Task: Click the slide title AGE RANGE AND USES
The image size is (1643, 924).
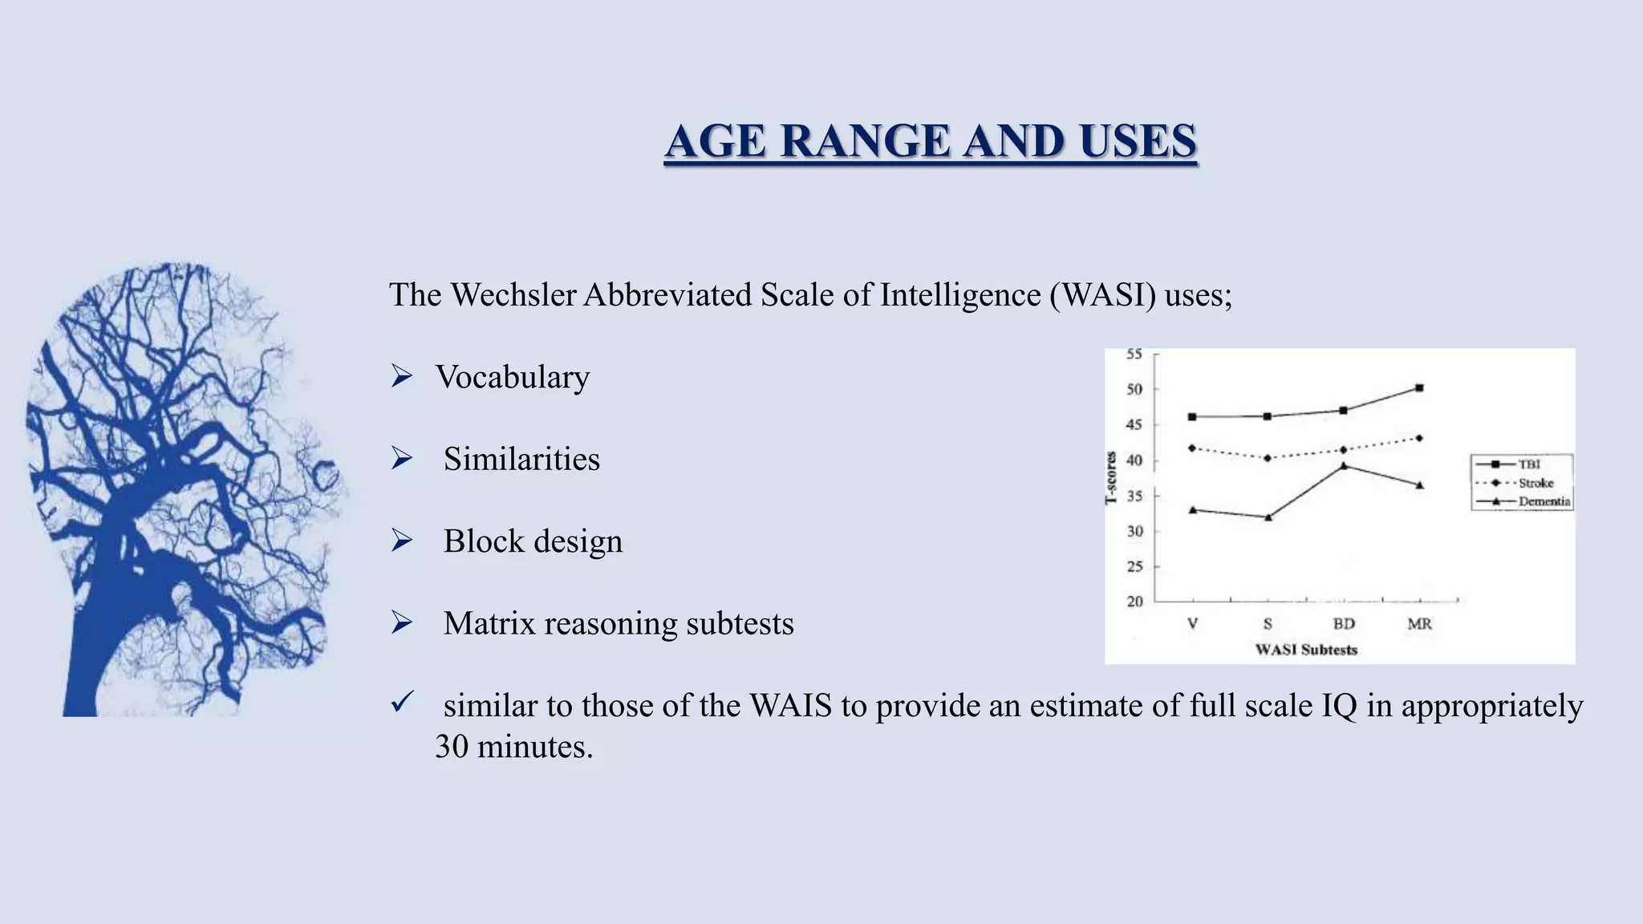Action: tap(931, 141)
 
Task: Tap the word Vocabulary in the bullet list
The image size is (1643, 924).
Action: tap(512, 377)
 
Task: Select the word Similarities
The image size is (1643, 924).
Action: tap(521, 460)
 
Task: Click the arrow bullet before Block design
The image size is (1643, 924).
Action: tap(401, 541)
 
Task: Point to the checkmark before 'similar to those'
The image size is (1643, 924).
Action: tap(401, 703)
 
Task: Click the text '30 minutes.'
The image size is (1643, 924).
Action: tap(513, 747)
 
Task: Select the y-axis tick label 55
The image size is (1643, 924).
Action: tap(1134, 354)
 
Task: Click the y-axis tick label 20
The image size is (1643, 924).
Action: tap(1134, 601)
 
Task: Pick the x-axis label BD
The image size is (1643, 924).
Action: tap(1344, 623)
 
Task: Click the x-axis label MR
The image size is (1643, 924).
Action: tap(1419, 623)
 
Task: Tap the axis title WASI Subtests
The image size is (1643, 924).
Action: tap(1306, 650)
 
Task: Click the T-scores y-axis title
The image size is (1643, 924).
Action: tap(1111, 478)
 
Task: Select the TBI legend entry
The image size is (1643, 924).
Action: tap(1528, 464)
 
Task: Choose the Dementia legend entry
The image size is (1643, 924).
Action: tap(1544, 501)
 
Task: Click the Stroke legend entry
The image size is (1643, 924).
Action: tap(1535, 483)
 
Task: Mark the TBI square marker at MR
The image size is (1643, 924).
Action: tap(1419, 388)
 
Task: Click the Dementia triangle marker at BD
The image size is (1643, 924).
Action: tap(1344, 465)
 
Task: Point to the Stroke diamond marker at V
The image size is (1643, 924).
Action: tap(1192, 448)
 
